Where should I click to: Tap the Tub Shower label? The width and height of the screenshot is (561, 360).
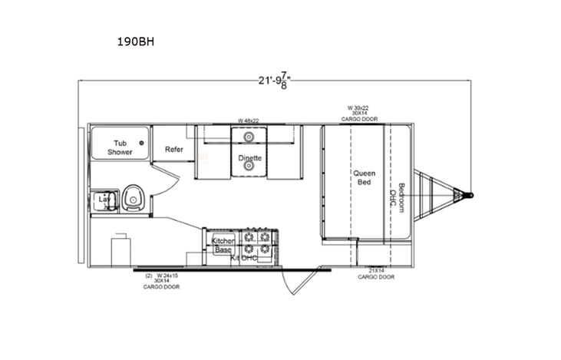point(120,147)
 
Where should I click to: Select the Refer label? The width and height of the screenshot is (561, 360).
point(173,150)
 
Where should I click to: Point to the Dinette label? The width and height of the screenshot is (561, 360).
point(250,158)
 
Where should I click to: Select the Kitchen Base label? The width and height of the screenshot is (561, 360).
point(223,246)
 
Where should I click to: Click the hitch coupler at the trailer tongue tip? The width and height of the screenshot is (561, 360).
point(470,195)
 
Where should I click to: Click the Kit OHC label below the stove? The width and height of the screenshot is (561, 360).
point(244,258)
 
